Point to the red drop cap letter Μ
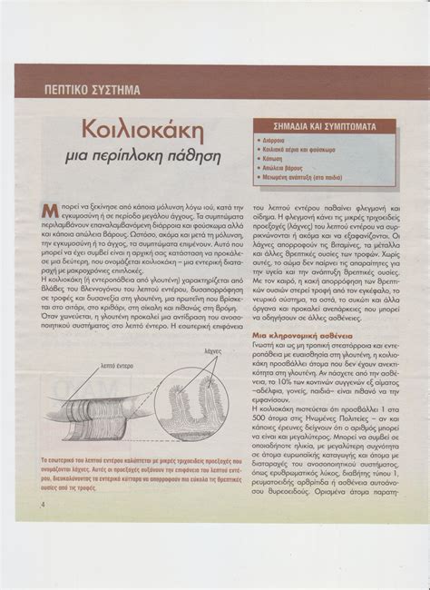[x=49, y=211]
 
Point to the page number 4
[x=43, y=505]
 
